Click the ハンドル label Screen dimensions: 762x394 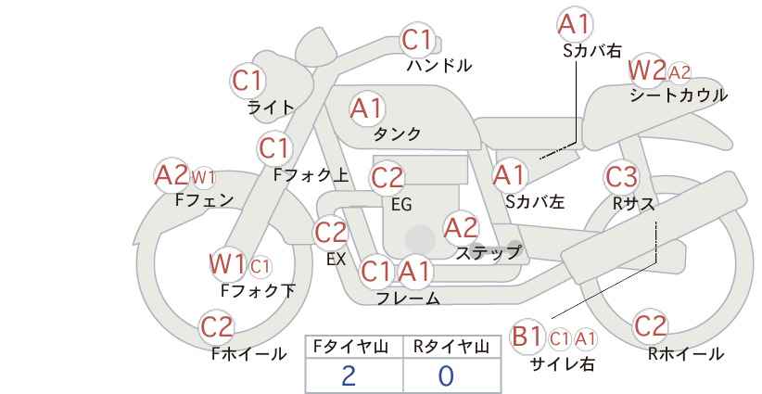point(439,65)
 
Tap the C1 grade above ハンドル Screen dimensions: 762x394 point(417,40)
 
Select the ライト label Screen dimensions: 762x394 point(271,108)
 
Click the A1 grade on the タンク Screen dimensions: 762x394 point(366,108)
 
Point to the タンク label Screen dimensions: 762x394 point(397,133)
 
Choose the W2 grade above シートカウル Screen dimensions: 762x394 point(647,70)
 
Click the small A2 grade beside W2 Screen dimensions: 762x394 point(679,72)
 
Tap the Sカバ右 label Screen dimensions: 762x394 point(592,51)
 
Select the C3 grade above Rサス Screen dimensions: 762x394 point(621,177)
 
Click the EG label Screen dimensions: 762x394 point(401,205)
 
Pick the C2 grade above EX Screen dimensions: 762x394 point(330,233)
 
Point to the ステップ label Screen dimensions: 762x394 point(488,252)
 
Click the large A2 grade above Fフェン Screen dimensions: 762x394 point(171,175)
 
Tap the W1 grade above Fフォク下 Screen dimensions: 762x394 point(227,264)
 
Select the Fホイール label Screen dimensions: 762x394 point(248,354)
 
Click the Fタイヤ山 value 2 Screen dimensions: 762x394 point(349,376)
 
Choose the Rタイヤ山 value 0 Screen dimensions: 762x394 point(446,376)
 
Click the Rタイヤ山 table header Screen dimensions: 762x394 point(451,347)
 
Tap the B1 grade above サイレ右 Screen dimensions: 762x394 point(527,337)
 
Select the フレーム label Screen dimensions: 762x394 point(408,298)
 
